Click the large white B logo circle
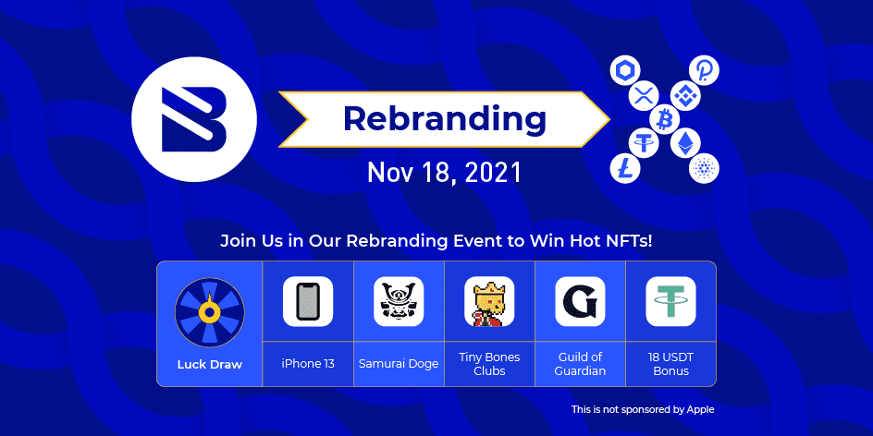click(x=194, y=119)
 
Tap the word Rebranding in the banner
click(x=445, y=119)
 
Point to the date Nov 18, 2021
click(x=444, y=173)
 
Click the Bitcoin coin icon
click(x=664, y=119)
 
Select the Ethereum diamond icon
click(x=685, y=143)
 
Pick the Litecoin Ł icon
click(x=624, y=168)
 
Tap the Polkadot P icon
click(x=705, y=70)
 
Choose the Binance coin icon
click(x=685, y=94)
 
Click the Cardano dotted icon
click(x=705, y=168)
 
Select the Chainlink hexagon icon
click(x=624, y=70)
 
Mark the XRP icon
click(x=645, y=94)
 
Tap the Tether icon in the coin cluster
click(x=645, y=143)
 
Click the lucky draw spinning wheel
click(x=209, y=312)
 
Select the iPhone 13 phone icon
click(x=308, y=301)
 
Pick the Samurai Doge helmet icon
click(x=399, y=301)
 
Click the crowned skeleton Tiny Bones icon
click(x=489, y=301)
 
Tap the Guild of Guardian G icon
click(x=580, y=301)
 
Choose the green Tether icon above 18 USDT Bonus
click(x=670, y=301)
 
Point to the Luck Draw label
click(x=210, y=365)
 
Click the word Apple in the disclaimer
click(x=700, y=410)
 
